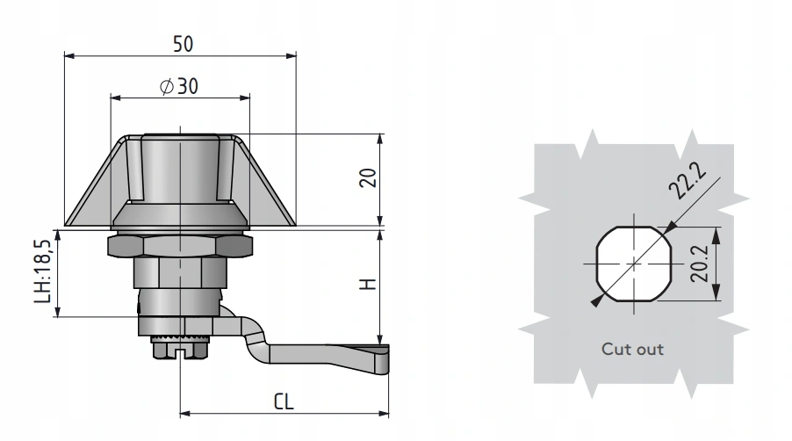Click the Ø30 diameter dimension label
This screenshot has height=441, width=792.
click(x=179, y=86)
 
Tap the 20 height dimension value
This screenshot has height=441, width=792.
click(x=369, y=178)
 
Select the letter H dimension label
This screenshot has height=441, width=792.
click(x=369, y=283)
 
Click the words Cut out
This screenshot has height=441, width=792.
click(x=632, y=349)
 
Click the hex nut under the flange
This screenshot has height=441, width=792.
click(x=179, y=245)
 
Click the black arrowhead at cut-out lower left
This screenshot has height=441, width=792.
click(x=596, y=301)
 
